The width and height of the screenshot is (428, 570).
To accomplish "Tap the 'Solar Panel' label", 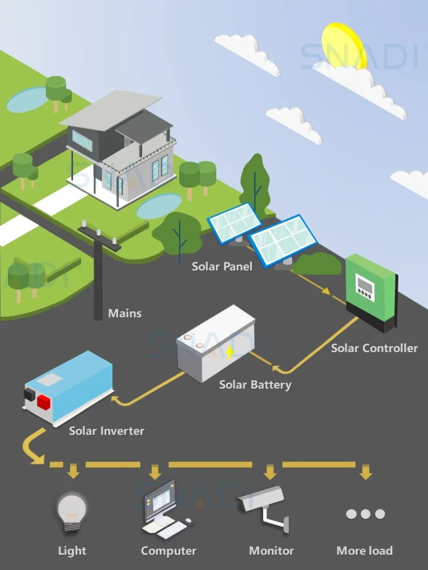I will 222,266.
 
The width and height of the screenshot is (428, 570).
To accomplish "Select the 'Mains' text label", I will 125,313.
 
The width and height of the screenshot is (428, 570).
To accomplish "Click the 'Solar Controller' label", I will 374,347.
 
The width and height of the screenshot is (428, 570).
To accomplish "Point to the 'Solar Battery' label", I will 255,385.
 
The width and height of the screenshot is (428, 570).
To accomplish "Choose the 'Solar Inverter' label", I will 107,431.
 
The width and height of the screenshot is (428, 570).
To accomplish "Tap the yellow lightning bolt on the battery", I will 229,352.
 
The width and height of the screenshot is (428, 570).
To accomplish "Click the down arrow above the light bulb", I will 72,471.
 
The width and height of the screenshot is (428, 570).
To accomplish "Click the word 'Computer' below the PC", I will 168,551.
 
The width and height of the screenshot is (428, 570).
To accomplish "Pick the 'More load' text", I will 365,551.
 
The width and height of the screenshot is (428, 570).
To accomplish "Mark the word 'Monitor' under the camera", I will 272,551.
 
